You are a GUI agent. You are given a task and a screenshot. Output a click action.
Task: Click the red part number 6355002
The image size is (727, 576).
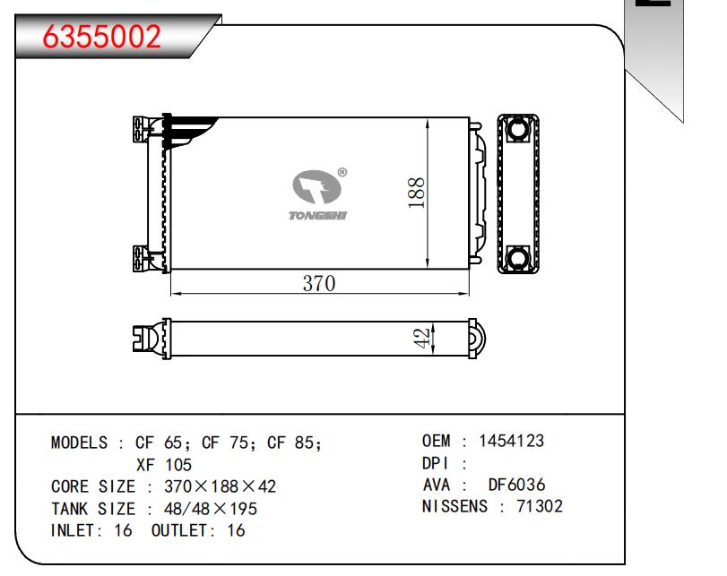pyautogui.click(x=101, y=37)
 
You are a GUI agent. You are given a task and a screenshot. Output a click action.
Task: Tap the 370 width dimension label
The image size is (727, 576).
pyautogui.click(x=319, y=284)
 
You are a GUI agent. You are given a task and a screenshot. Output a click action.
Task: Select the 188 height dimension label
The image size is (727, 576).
pyautogui.click(x=416, y=193)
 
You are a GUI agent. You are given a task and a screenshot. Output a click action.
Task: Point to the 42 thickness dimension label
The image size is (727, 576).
pyautogui.click(x=421, y=339)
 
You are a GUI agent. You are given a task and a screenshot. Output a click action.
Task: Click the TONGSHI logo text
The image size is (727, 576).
pyautogui.click(x=317, y=216)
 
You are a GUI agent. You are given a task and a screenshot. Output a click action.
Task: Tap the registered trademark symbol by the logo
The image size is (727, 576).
pyautogui.click(x=342, y=172)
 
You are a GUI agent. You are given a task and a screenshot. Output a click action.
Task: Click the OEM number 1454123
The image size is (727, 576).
pyautogui.click(x=511, y=441)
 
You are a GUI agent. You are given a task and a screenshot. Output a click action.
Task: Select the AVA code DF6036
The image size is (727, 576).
pyautogui.click(x=516, y=485)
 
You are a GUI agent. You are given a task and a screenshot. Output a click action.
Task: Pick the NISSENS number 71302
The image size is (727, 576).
pyautogui.click(x=540, y=506)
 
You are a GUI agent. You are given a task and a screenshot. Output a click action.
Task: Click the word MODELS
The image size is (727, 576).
pyautogui.click(x=79, y=443)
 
